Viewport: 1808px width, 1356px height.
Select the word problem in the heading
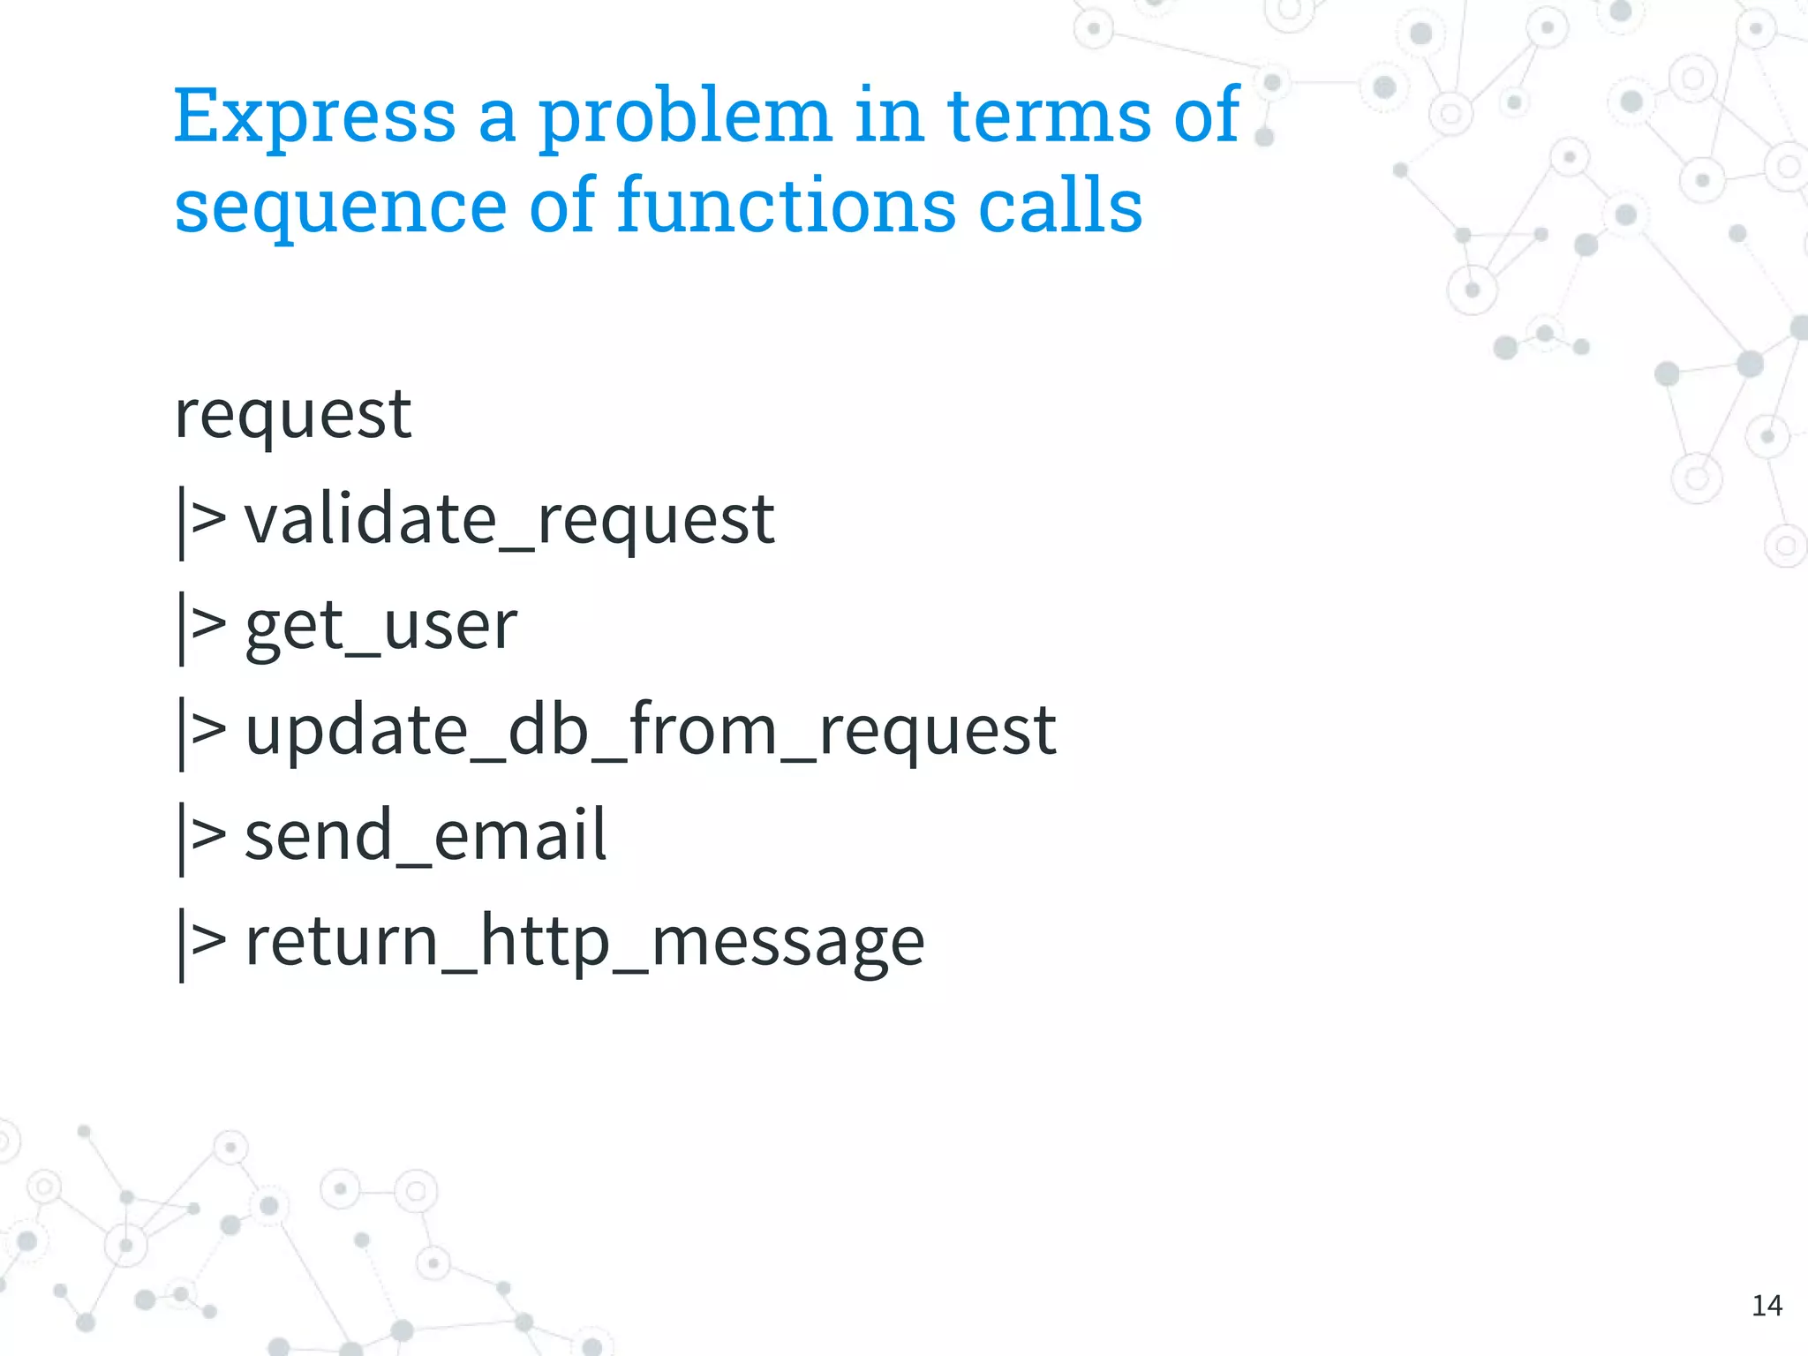tap(685, 117)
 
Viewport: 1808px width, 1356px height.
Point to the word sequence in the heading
tap(340, 207)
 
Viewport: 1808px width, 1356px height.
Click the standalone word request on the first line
tap(292, 415)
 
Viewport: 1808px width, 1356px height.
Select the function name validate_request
tap(509, 520)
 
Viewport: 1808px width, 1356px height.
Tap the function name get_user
tap(380, 626)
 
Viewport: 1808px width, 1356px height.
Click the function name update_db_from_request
tap(650, 731)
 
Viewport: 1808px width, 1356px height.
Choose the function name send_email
tap(425, 836)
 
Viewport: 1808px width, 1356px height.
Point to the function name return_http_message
tap(584, 942)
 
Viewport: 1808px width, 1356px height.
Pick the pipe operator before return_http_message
tap(202, 942)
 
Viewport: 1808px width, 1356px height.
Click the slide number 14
tap(1767, 1305)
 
